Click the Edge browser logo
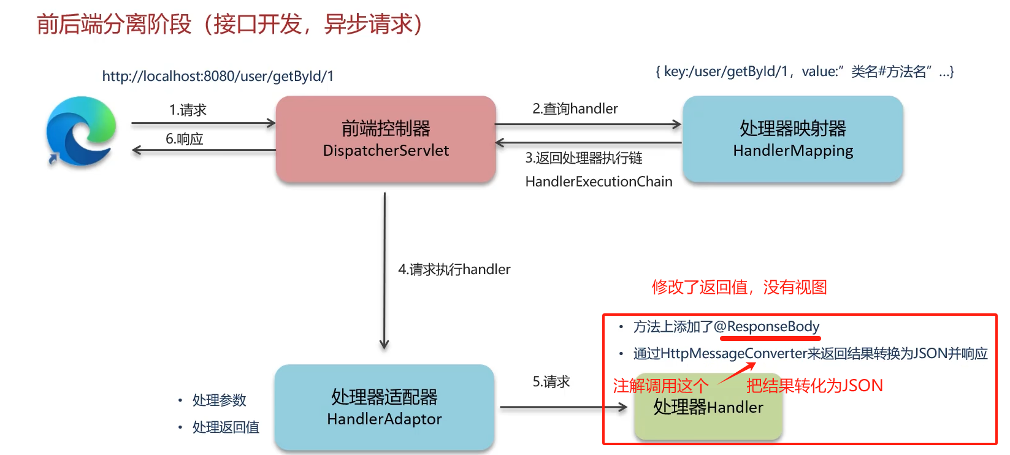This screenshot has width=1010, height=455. click(81, 131)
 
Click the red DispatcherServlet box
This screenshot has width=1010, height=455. click(386, 139)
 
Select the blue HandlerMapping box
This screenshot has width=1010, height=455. click(793, 139)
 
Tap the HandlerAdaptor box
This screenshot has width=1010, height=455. click(384, 408)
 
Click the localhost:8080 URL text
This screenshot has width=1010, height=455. click(218, 76)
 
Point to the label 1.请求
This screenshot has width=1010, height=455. click(188, 110)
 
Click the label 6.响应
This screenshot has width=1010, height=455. click(185, 139)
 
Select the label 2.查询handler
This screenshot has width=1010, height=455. click(575, 109)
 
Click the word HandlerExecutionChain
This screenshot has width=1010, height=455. click(599, 182)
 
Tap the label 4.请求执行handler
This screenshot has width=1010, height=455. click(454, 269)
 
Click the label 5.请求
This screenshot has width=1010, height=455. click(551, 381)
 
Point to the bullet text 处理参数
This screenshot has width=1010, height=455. click(219, 400)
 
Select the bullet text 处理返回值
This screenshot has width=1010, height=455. click(226, 427)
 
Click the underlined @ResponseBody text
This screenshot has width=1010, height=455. click(767, 326)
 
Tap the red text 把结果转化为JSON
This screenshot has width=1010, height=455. click(814, 385)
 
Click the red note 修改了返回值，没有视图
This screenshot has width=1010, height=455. click(739, 287)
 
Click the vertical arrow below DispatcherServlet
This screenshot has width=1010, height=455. click(384, 270)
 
